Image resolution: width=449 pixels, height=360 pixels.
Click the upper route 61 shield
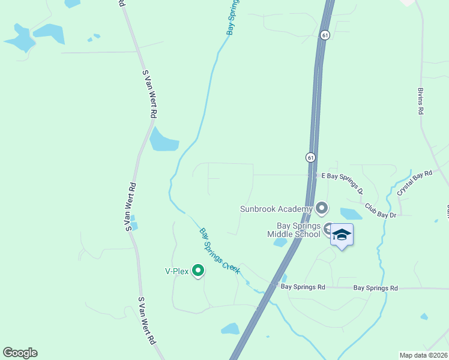tap(325, 35)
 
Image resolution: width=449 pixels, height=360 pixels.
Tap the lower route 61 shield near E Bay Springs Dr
tap(310, 157)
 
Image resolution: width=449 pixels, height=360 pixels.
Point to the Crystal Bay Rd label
tap(414, 182)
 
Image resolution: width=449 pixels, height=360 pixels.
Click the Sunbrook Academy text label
tap(276, 209)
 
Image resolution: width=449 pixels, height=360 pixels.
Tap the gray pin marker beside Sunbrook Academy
tap(322, 208)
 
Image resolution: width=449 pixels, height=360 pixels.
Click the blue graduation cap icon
tap(342, 235)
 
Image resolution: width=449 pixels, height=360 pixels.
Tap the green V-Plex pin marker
tap(197, 271)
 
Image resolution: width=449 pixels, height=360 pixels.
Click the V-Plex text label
tap(177, 271)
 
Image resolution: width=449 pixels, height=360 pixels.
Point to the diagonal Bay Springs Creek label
tap(220, 251)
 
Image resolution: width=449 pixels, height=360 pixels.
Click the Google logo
tap(20, 353)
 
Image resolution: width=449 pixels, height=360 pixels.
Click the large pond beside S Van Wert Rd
tap(163, 140)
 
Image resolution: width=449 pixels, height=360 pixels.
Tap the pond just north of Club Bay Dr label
tap(351, 213)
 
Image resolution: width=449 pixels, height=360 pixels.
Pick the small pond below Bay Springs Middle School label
tap(280, 242)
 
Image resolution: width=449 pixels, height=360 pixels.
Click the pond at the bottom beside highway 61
tap(231, 329)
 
